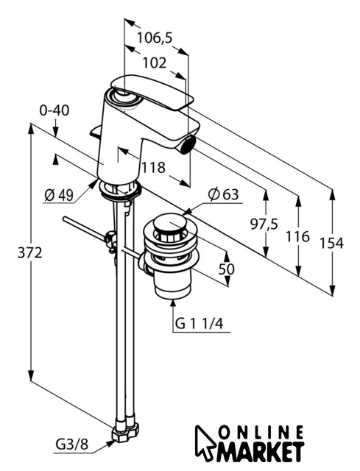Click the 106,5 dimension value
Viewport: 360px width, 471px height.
[x=155, y=38]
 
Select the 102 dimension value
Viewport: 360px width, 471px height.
[x=154, y=63]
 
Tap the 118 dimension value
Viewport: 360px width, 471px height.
[x=153, y=167]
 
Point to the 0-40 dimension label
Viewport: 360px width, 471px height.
[x=54, y=110]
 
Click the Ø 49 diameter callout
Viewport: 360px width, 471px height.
[x=59, y=196]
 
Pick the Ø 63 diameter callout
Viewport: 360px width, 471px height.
[x=223, y=194]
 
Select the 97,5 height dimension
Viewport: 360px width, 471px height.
[x=264, y=224]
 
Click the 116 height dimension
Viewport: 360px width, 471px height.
[x=297, y=237]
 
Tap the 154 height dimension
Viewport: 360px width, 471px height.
[x=331, y=243]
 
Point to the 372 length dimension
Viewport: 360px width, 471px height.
[x=29, y=252]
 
